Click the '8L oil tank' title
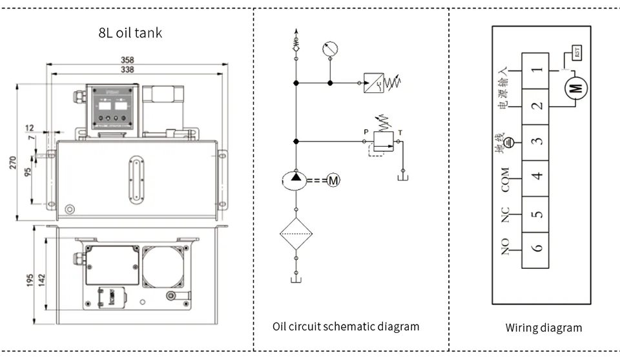tap(130, 33)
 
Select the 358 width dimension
tap(137, 60)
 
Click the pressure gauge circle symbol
tap(329, 48)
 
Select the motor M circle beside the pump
tap(333, 181)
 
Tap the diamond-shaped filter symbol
tap(296, 234)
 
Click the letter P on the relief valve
tap(366, 132)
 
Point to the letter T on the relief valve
tap(400, 133)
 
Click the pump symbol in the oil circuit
tap(296, 180)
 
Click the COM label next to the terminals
tap(506, 180)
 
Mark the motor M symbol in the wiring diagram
tap(575, 89)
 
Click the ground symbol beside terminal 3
tap(509, 143)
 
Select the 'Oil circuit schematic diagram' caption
tap(346, 326)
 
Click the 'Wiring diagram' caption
tap(543, 328)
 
